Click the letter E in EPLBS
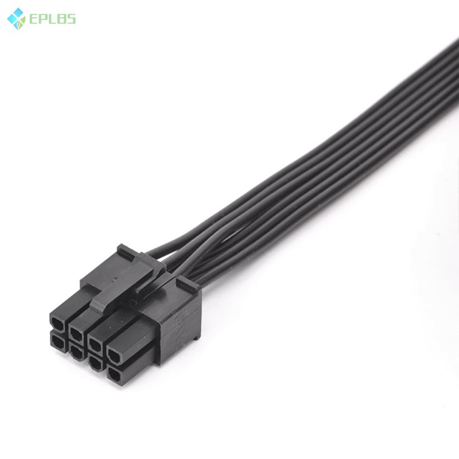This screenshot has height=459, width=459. [32, 20]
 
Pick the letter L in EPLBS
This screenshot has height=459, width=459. [51, 20]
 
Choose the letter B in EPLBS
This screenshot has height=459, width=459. [60, 20]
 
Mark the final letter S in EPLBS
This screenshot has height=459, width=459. [70, 20]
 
